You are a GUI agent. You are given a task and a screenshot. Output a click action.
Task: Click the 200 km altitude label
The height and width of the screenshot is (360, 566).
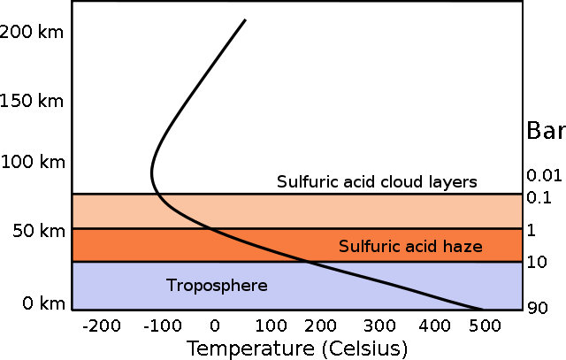[x=32, y=32]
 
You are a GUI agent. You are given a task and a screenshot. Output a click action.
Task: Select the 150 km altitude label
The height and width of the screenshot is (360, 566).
[x=32, y=100]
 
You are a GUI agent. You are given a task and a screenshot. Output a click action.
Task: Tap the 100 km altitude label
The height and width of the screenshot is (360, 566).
[x=33, y=161]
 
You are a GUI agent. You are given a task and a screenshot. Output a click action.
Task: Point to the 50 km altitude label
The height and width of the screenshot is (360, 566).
[x=39, y=231]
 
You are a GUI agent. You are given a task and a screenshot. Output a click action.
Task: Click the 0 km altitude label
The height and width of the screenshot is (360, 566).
[x=43, y=303]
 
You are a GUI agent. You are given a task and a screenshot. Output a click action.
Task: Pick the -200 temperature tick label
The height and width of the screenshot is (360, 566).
[x=102, y=326]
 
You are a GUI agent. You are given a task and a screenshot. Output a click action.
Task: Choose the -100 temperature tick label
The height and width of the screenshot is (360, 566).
[x=163, y=326]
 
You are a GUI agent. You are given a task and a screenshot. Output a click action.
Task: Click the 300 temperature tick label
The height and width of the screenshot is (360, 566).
[x=379, y=326]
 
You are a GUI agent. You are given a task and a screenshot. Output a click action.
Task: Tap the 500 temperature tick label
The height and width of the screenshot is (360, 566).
[x=485, y=326]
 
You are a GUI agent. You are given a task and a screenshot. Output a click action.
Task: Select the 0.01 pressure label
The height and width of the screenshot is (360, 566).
[x=544, y=175]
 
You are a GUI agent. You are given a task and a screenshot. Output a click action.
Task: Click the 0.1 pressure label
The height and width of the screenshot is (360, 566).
[x=539, y=197]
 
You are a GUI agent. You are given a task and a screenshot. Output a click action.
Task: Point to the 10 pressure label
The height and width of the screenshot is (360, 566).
[x=537, y=262]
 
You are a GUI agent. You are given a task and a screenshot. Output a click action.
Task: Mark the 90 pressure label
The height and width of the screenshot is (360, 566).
[x=538, y=308]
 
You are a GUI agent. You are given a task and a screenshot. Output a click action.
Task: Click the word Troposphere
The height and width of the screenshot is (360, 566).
[x=217, y=286]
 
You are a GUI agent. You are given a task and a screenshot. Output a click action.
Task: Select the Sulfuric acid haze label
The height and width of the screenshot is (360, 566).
[x=410, y=246]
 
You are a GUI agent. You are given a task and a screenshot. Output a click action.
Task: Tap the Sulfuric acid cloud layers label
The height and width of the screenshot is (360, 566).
[x=377, y=182]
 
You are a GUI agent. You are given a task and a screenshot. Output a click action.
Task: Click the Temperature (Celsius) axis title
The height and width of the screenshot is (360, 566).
[x=297, y=349]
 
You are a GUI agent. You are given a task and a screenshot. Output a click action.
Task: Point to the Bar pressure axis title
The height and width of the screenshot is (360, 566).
[x=547, y=130]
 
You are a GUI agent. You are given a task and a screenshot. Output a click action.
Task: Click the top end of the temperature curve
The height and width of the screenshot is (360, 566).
[x=246, y=19]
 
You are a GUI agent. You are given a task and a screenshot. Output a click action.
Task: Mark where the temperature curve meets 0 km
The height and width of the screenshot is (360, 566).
[x=480, y=309]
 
